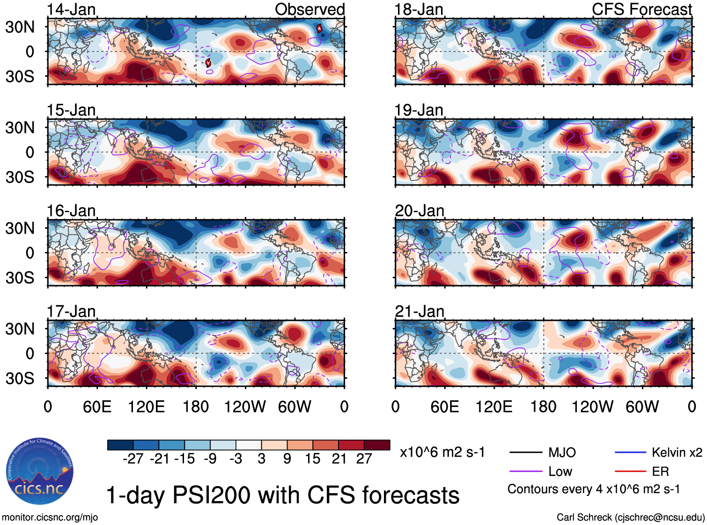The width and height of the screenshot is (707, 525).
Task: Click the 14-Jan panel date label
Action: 71,9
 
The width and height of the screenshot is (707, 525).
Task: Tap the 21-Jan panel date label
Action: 419,311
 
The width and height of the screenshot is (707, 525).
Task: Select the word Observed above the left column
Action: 309,9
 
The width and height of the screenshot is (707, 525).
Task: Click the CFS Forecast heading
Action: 641,9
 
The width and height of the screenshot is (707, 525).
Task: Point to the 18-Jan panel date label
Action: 419,9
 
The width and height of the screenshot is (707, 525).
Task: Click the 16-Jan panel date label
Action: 71,211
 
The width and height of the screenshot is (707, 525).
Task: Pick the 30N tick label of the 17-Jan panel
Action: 20,329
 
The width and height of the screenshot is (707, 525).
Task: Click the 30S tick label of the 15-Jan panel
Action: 20,177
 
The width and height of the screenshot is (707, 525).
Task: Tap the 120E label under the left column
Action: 146,407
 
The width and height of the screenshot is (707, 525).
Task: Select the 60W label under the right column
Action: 642,407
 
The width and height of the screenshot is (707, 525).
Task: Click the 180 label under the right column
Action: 543,407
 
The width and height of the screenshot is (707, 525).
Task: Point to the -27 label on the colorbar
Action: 133,458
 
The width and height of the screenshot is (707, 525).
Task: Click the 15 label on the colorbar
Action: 312,458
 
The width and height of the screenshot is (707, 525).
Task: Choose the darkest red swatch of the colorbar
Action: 377,445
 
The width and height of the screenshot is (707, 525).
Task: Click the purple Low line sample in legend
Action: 525,472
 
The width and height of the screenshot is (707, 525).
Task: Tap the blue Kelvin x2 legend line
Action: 630,452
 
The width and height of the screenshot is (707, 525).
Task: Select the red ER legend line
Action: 630,472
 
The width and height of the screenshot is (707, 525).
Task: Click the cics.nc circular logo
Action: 39,472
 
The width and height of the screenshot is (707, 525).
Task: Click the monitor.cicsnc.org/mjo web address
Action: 50,518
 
